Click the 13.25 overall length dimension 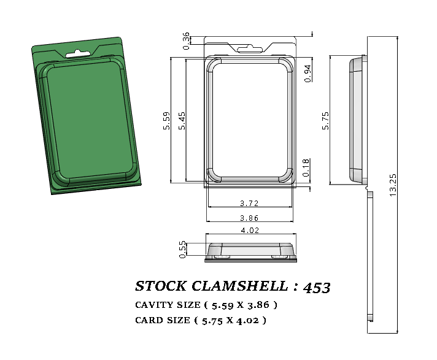click(x=393, y=184)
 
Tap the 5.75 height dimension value click(x=326, y=120)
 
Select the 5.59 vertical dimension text click(x=166, y=120)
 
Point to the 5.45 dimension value click(x=182, y=120)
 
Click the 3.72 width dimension click(x=249, y=203)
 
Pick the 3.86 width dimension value click(x=249, y=218)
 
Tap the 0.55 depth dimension click(x=182, y=250)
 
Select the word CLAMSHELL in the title click(x=235, y=286)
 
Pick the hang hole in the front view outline click(x=250, y=48)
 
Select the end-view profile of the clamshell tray click(x=250, y=251)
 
